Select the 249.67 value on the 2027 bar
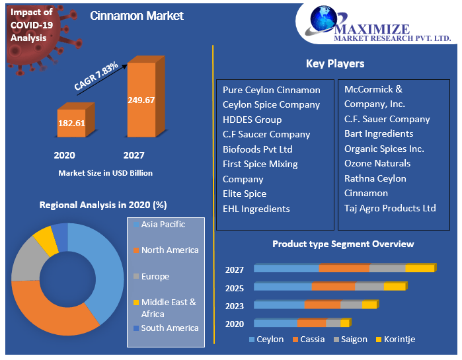tap(141, 100)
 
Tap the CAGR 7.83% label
tap(96, 76)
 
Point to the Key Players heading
tap(334, 64)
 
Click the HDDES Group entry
tap(252, 120)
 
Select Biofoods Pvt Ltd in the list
tap(257, 149)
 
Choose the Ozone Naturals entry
tap(377, 163)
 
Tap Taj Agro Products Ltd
tap(390, 208)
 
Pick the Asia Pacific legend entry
tap(163, 225)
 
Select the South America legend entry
tap(169, 328)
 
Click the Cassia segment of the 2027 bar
tap(344, 268)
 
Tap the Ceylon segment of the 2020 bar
tap(275, 323)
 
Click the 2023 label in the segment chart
tap(234, 306)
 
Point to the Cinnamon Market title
tap(137, 16)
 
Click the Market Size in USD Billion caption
tap(105, 173)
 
